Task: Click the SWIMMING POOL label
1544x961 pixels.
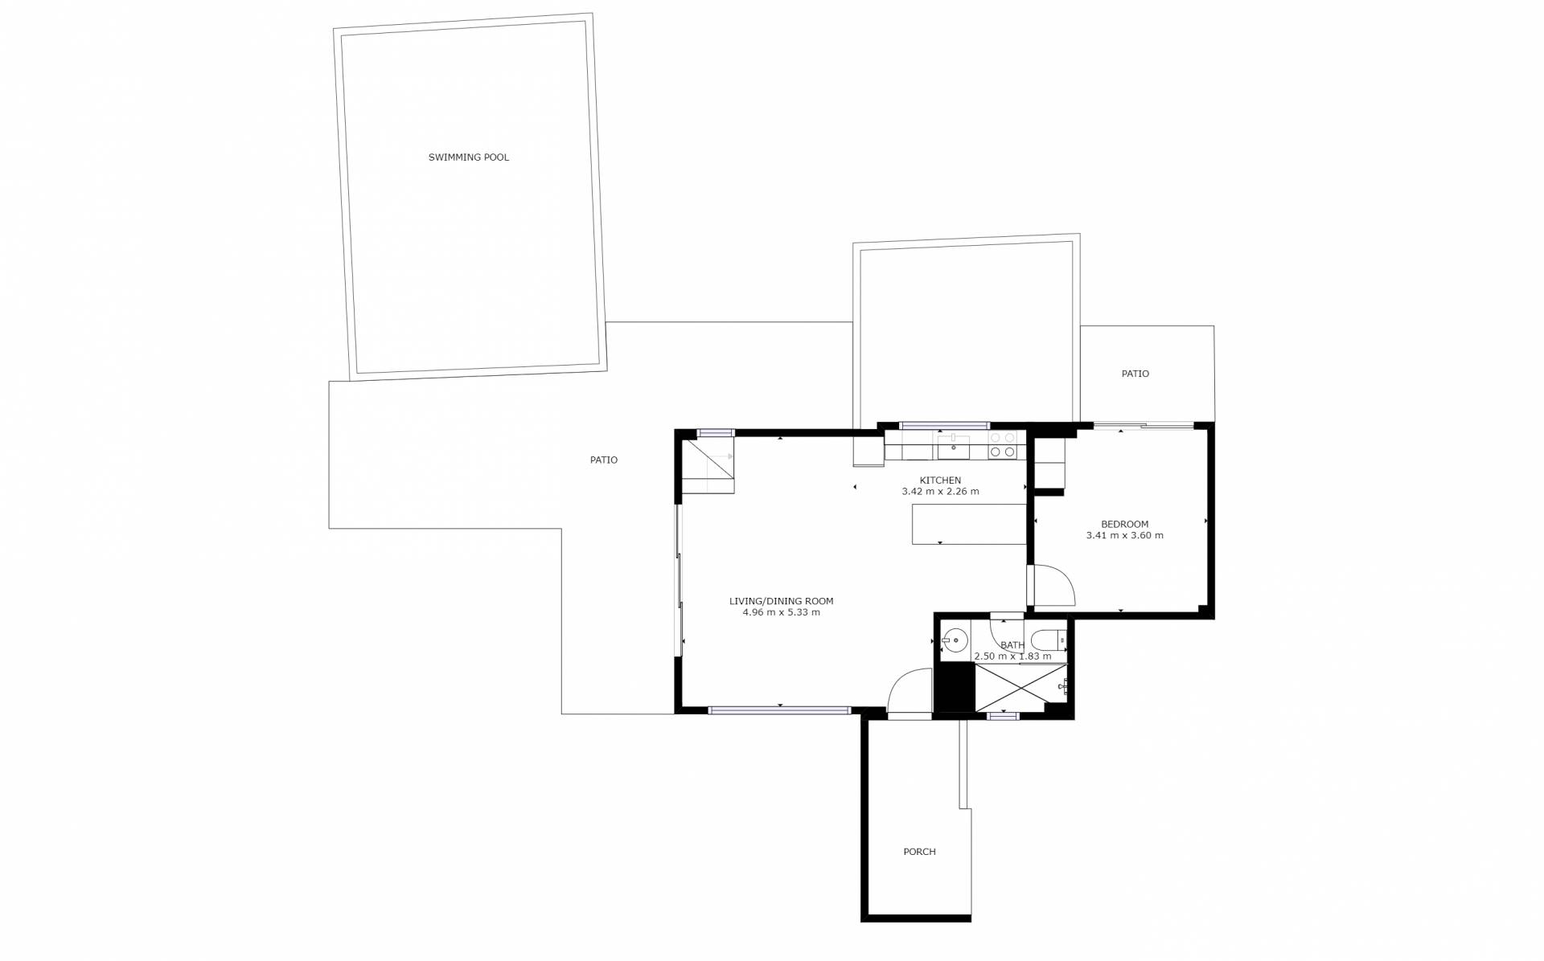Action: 468,157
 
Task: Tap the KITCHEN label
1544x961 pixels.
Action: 940,480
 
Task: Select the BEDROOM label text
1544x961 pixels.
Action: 1124,525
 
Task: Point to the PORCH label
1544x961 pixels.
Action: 919,852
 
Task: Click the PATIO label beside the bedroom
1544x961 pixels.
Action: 1135,374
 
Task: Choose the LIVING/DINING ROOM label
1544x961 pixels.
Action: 781,601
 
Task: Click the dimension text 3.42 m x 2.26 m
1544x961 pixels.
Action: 940,492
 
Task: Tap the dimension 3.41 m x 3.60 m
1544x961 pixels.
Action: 1124,536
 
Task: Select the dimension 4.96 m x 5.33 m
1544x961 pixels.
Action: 781,612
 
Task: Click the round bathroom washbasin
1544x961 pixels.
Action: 956,640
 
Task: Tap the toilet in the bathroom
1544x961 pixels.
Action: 1049,640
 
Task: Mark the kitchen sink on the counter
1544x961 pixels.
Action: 954,447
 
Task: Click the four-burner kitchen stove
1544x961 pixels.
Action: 1003,445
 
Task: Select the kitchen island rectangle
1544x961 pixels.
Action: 969,524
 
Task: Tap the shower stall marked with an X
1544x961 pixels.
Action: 1021,687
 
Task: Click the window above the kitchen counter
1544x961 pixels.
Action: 944,425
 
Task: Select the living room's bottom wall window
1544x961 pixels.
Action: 779,710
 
